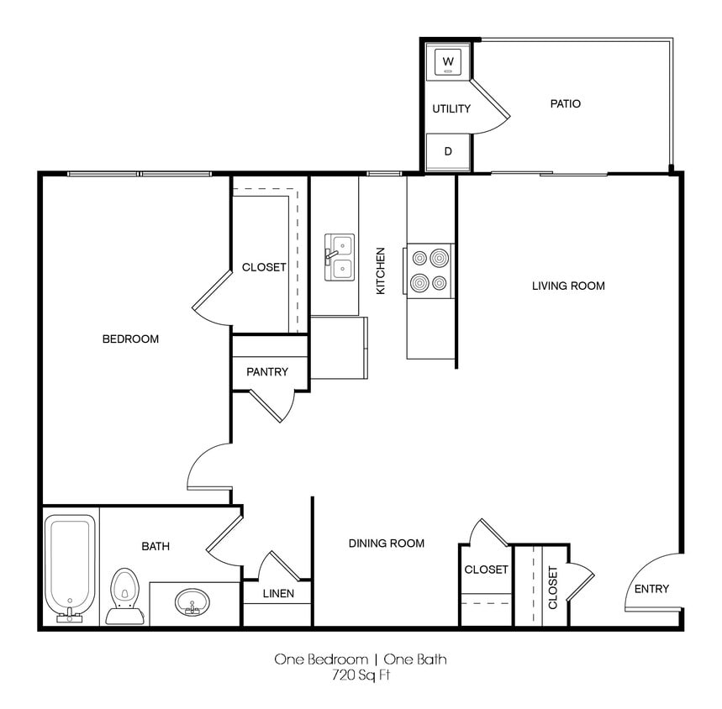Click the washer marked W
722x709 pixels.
coord(448,61)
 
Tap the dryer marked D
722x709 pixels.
coord(448,152)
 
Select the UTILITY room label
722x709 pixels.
coord(451,109)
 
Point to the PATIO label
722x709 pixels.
coord(565,104)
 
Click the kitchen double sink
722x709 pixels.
coord(340,257)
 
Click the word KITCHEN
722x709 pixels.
coord(381,270)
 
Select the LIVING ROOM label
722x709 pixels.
coord(568,286)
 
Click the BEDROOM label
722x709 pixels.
coord(130,339)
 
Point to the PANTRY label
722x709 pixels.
coord(267,371)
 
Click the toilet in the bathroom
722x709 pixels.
coord(124,593)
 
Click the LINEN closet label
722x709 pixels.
coord(277,594)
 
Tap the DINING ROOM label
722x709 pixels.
coord(387,544)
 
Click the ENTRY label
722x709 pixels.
coord(651,589)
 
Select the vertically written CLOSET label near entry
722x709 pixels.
coord(553,587)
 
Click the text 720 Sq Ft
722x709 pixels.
coord(361,675)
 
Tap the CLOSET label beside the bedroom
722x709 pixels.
coord(264,267)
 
